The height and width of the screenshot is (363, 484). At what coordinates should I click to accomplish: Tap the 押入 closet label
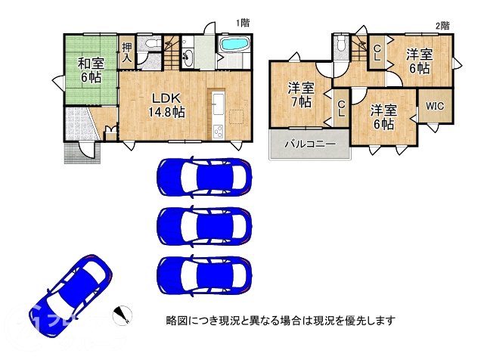pos(126,51)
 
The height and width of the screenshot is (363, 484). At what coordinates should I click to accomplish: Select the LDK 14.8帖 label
pos(166,105)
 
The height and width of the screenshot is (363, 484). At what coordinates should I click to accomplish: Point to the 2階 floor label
pos(442,25)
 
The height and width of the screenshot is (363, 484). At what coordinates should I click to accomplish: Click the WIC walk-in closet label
pos(435,106)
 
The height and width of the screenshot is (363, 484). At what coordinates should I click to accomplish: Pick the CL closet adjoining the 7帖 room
pos(342,110)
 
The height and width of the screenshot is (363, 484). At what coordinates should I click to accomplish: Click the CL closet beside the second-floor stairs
pos(377,52)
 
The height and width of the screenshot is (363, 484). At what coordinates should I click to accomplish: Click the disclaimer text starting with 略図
pos(280,320)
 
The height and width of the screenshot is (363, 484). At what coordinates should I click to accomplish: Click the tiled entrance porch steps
pos(79,151)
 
